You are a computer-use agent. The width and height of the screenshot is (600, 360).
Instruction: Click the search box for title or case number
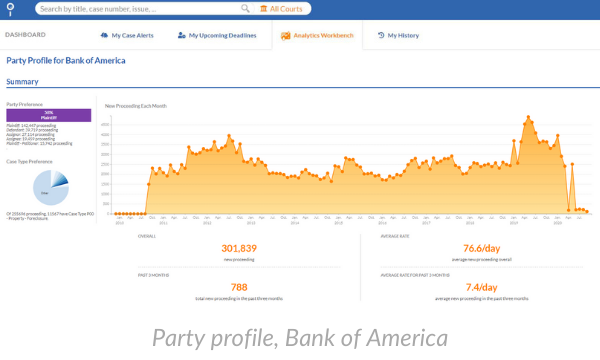[140, 9]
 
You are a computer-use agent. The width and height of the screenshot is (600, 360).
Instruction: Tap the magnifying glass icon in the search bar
[245, 9]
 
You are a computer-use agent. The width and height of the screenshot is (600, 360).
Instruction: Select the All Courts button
[283, 9]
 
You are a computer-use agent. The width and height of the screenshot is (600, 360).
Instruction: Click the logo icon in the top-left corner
[11, 8]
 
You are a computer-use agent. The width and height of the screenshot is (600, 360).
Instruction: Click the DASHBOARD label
[25, 35]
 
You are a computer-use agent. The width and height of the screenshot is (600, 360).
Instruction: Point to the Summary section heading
[22, 81]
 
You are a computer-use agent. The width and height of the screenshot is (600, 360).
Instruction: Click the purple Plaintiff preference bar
[48, 115]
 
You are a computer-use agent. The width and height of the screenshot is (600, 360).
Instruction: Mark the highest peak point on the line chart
[527, 118]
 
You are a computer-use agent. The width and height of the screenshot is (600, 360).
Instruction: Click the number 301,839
[239, 248]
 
